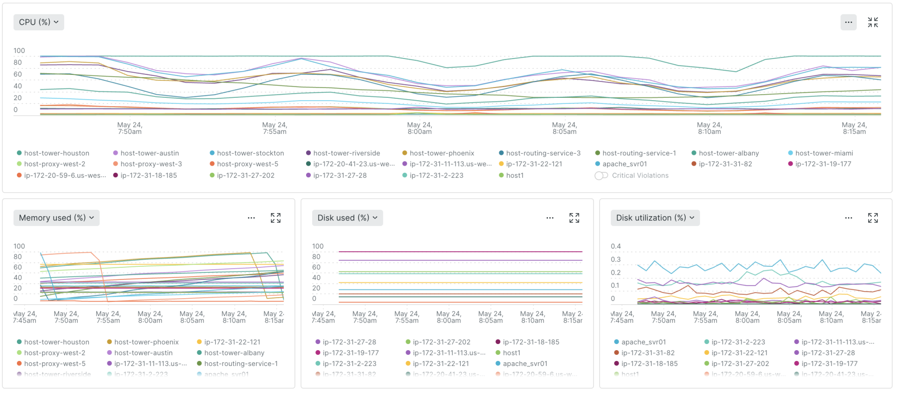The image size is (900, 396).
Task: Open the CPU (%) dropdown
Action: (38, 22)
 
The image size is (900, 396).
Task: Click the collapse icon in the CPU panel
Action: (872, 22)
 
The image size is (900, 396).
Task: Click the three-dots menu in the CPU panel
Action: (848, 22)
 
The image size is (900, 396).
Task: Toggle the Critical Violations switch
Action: (601, 176)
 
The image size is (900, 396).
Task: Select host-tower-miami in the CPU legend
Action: (824, 153)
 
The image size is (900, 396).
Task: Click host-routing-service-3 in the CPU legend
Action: (543, 153)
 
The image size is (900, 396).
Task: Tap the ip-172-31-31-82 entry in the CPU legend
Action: (725, 164)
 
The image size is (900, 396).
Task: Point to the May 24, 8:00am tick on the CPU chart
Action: (420, 128)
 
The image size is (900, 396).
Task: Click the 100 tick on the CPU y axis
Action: (19, 51)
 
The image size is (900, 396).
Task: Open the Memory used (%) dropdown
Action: (56, 218)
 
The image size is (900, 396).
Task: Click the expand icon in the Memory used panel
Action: (276, 218)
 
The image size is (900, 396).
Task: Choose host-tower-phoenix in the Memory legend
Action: (146, 342)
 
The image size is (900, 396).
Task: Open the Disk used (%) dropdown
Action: (347, 218)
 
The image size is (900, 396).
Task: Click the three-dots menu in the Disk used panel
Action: (550, 218)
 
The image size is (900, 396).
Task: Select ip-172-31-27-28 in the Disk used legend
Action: (349, 342)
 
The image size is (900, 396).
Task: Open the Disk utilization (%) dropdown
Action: (655, 218)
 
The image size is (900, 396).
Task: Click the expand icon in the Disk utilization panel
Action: (872, 218)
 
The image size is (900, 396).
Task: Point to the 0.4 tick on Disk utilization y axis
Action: (615, 246)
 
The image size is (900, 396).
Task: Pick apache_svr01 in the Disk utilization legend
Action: (643, 342)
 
